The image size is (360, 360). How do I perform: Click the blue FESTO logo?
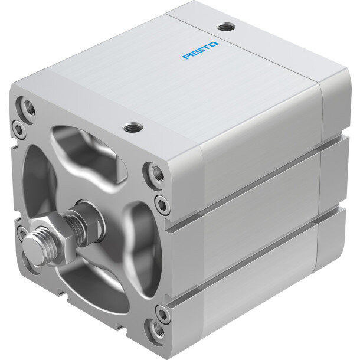(x=200, y=50)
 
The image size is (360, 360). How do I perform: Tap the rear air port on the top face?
(x=226, y=27)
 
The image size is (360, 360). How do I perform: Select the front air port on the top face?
(x=133, y=127)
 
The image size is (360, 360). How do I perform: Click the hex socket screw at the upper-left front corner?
(x=18, y=130)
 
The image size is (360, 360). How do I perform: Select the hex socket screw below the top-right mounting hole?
(x=162, y=205)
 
